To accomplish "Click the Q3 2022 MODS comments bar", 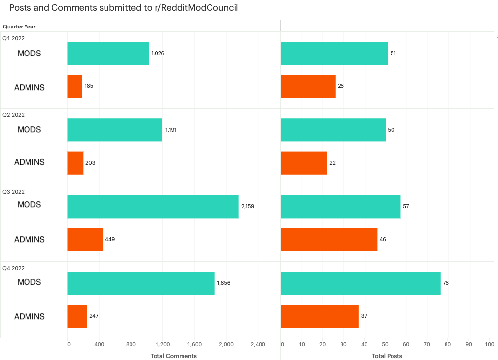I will coord(153,206).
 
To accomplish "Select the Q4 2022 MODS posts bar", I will coord(360,283).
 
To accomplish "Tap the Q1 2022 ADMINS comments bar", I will coord(75,86).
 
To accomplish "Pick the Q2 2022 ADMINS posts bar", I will coord(304,163).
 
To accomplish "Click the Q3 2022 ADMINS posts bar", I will coord(329,240).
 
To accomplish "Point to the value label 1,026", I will coord(157,53).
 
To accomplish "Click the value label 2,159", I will coord(247,206).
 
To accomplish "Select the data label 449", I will coord(110,240).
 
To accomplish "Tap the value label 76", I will coord(446,283).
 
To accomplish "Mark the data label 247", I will coord(94,316).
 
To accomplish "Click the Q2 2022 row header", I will coord(14,115).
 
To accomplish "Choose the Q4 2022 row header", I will coord(14,268).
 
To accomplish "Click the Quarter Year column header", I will coord(19,27).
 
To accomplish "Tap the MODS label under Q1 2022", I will coord(29,54).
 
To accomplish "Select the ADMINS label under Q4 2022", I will coord(29,317).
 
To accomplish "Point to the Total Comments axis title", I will coord(174,356).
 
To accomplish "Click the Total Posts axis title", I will coord(387,356).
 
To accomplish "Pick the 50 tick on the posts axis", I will coord(385,345).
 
